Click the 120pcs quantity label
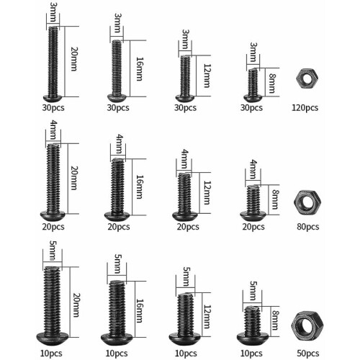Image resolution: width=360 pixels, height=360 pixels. point(305,108)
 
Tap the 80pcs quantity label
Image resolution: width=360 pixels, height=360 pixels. point(308,227)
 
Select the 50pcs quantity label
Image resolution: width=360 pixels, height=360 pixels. point(308,354)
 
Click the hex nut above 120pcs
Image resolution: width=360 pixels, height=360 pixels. point(307,78)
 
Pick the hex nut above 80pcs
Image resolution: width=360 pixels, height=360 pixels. point(307,202)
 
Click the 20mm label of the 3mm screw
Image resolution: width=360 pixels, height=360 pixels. point(74,59)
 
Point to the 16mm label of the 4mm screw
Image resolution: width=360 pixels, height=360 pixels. point(140,187)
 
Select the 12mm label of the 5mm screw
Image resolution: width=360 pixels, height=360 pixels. point(207,317)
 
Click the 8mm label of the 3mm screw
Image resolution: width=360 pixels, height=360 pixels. point(272,83)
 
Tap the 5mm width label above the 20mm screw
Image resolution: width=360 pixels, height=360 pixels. point(53,251)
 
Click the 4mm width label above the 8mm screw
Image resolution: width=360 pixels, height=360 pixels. point(253,169)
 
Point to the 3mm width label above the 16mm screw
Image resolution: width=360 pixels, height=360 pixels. point(118,23)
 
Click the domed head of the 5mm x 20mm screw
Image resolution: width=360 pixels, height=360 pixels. point(53,338)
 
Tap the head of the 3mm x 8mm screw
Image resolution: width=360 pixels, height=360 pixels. point(253,98)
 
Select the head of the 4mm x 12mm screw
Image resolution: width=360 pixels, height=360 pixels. point(185,215)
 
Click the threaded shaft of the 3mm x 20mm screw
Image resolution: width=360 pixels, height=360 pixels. point(53,61)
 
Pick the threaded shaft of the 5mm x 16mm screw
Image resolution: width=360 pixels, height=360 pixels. point(117,307)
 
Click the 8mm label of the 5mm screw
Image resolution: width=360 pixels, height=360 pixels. point(275,320)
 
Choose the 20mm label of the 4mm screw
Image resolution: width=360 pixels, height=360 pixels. point(74,178)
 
